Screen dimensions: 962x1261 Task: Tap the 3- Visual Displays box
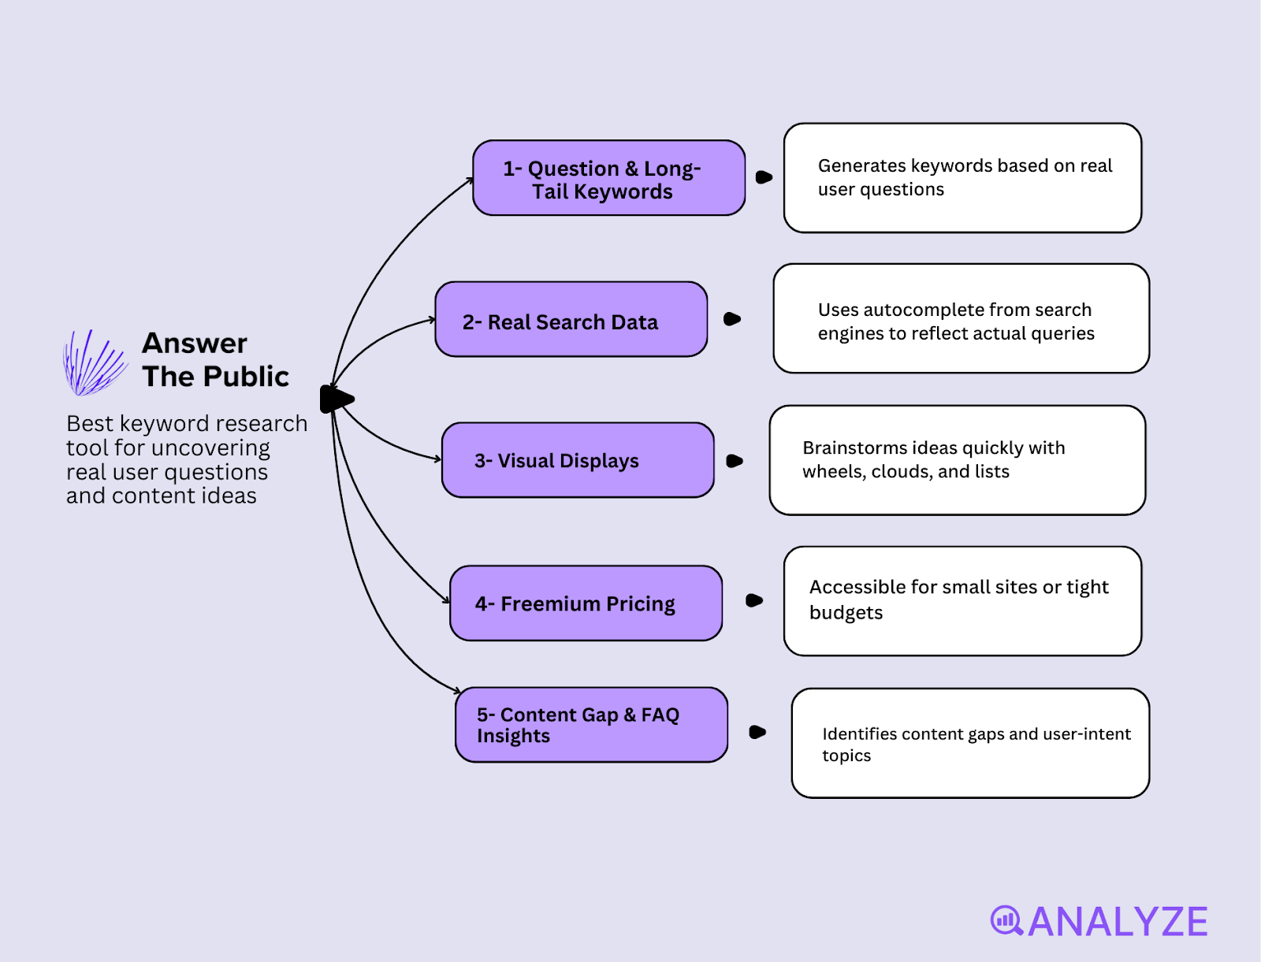coord(577,460)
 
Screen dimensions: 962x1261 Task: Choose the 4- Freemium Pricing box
coord(585,604)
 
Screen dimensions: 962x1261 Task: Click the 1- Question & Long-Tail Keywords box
coord(608,179)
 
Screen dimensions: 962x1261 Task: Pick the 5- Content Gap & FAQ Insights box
coord(590,725)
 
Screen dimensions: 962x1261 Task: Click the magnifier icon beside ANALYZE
coord(1006,920)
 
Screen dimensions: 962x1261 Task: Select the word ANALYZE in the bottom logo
coord(1118,921)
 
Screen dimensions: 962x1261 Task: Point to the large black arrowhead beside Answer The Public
coord(337,399)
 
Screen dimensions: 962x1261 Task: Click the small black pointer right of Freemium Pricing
coord(754,600)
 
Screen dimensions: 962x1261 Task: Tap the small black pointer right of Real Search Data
coord(732,319)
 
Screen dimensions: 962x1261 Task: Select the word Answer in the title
coord(195,344)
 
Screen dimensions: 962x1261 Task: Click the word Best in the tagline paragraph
coord(90,424)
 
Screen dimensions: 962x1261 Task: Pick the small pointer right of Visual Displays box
coord(735,461)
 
